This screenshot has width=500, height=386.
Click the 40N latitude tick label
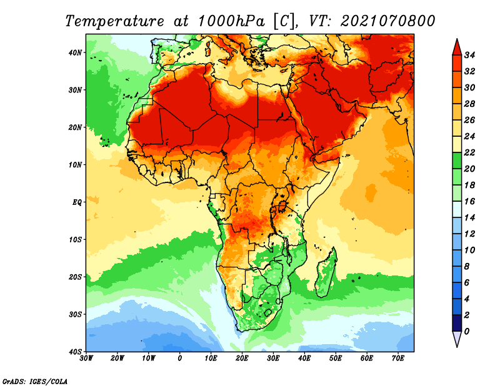[75, 52]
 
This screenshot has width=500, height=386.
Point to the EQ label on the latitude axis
[76, 202]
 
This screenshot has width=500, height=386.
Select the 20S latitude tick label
[75, 277]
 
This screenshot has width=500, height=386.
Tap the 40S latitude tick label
[75, 352]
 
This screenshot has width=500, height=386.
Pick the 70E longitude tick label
[398, 359]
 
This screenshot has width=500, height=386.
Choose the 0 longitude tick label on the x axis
[180, 359]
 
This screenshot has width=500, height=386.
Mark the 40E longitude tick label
[305, 359]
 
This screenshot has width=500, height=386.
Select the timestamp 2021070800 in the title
[387, 21]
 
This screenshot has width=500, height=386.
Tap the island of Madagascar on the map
[326, 272]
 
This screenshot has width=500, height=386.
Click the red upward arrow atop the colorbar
[456, 46]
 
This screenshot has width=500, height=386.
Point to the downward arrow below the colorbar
[456, 339]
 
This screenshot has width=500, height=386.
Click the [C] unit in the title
[282, 21]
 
